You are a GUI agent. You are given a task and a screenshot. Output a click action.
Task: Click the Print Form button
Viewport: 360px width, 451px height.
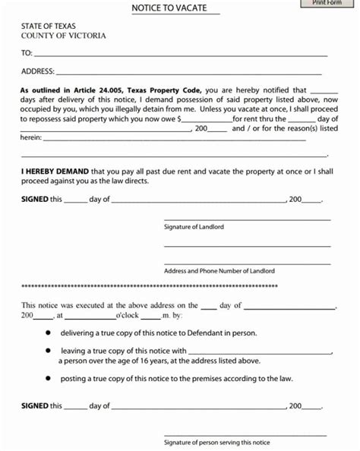(x=327, y=3)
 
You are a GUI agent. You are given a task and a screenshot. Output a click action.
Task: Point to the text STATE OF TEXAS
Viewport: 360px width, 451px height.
(x=49, y=27)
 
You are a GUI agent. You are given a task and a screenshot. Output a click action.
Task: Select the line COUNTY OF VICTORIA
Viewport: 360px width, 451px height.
(x=64, y=36)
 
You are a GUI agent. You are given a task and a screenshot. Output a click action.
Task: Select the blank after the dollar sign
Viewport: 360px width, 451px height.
(x=206, y=120)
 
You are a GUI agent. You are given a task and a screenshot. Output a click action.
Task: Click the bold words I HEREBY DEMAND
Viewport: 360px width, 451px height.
(x=54, y=172)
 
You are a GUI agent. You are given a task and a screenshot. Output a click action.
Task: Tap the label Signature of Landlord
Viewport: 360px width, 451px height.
(x=194, y=227)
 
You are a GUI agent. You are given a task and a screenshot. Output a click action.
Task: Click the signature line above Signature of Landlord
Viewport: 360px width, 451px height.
(x=247, y=219)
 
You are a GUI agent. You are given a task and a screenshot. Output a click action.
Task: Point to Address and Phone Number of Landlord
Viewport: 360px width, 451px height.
(x=219, y=271)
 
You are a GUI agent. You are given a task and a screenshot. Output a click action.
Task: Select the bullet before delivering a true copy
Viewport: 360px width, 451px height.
(x=48, y=333)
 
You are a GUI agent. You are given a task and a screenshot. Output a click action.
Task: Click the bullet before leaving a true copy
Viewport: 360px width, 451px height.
(x=48, y=351)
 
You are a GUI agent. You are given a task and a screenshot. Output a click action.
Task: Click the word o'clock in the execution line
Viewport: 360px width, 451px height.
(x=127, y=314)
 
